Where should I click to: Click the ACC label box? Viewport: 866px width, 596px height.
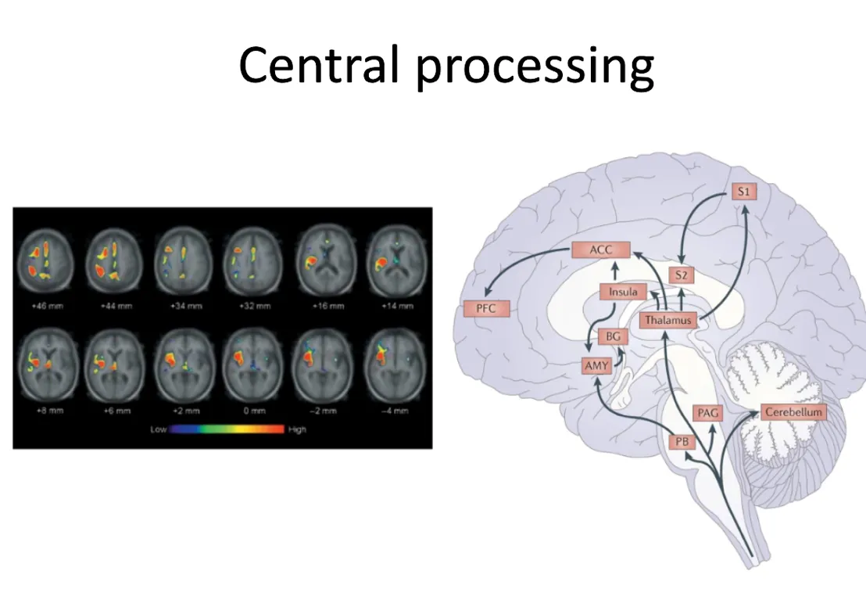[600, 250]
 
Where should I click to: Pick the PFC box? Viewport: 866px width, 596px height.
[485, 308]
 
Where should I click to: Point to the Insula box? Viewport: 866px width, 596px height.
[623, 292]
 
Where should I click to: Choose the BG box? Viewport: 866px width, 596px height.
[613, 337]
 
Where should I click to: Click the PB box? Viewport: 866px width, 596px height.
[682, 441]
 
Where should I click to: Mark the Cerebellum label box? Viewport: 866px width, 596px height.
[792, 411]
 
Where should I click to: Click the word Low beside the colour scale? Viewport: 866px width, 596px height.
[159, 430]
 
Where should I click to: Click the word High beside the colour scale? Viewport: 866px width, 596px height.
[297, 430]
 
